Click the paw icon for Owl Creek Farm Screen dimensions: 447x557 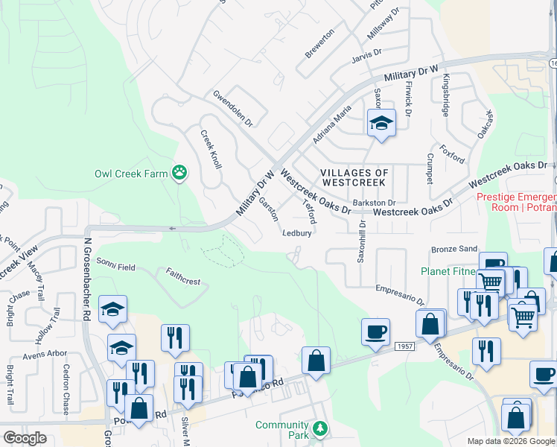[179, 174]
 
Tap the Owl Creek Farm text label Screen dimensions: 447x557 [131, 174]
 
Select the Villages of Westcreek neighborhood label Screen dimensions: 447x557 [353, 177]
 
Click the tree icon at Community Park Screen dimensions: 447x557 [319, 428]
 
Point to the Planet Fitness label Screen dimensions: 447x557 [448, 271]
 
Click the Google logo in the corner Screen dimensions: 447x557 [25, 438]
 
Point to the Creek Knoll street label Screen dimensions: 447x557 [211, 149]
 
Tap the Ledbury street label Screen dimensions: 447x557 [296, 232]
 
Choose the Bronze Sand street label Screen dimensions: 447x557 [453, 249]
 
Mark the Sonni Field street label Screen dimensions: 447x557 [115, 266]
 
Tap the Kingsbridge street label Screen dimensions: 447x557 [446, 95]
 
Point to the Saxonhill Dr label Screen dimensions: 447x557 [362, 241]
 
